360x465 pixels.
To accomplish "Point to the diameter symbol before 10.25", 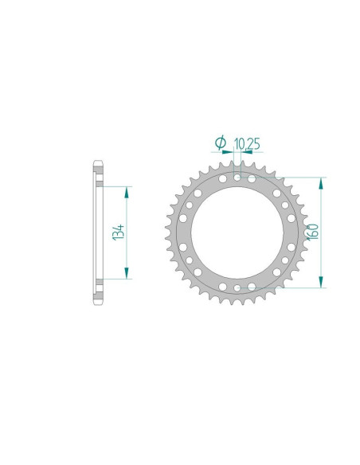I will click(221, 143).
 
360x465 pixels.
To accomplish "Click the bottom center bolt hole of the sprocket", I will click(237, 287).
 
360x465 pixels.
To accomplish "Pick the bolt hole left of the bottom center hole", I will click(224, 284).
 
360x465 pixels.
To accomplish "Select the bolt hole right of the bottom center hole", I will click(251, 284).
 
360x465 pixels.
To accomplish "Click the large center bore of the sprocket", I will click(237, 232).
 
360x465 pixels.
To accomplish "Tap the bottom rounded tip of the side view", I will click(98, 301).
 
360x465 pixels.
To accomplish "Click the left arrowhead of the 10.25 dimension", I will click(231, 151).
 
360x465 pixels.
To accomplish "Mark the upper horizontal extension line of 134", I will click(115, 187).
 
